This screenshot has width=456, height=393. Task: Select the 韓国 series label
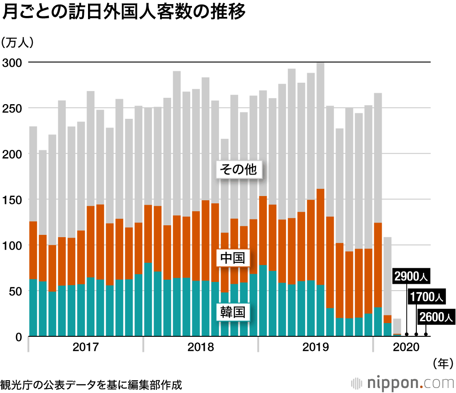pyautogui.click(x=233, y=313)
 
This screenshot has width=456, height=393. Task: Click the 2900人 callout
pyautogui.click(x=412, y=277)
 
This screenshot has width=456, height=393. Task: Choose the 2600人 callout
pyautogui.click(x=436, y=316)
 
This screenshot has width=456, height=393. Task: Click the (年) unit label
pyautogui.click(x=442, y=364)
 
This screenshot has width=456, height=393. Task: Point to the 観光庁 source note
pyautogui.click(x=91, y=384)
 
